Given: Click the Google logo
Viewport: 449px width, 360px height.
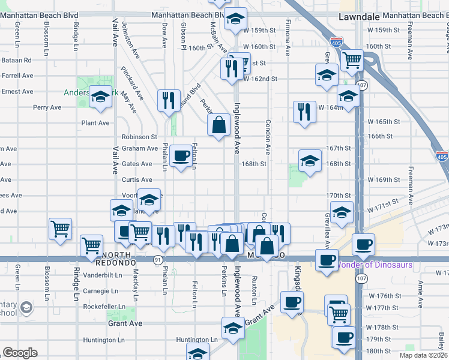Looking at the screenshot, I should click(x=20, y=353).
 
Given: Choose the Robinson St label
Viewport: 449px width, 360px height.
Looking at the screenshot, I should click(x=139, y=137).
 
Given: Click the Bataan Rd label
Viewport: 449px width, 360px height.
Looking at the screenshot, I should click(x=16, y=60).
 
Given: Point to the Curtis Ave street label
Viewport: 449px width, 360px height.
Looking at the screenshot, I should click(x=137, y=179).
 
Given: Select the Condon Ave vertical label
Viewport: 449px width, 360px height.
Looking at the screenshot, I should click(x=268, y=136).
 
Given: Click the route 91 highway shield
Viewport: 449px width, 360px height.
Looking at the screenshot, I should click(x=157, y=259).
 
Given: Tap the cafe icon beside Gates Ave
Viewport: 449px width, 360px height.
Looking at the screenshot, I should click(x=181, y=156).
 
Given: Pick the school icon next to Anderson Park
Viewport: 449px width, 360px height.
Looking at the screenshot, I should click(x=100, y=95).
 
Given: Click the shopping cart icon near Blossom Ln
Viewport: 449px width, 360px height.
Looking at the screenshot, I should click(x=61, y=229).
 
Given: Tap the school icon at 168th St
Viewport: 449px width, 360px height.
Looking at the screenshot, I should click(x=310, y=160).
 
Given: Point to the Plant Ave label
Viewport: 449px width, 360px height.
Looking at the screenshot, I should click(x=96, y=122).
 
